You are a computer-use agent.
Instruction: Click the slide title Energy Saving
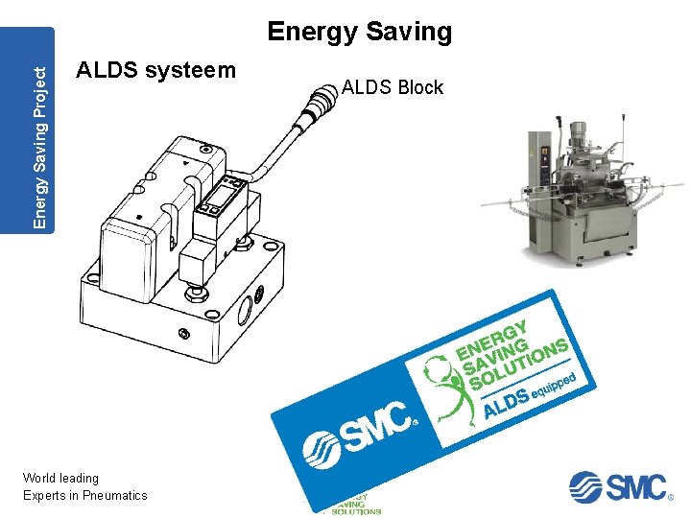(359, 32)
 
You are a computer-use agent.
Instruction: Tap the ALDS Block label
(392, 87)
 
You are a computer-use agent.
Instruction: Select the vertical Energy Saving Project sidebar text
(39, 129)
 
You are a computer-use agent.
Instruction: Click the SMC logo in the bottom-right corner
(619, 486)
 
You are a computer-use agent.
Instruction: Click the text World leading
(60, 478)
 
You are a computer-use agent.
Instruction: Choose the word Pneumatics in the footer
(115, 495)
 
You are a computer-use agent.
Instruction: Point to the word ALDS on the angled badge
(506, 404)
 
